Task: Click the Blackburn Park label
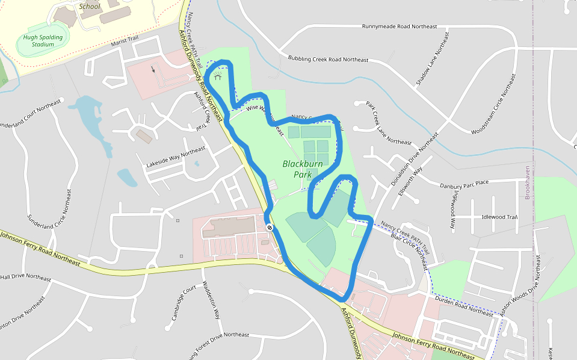(x=303, y=169)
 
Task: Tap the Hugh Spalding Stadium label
(x=43, y=40)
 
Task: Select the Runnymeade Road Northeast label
(x=399, y=26)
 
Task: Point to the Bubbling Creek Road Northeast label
(x=328, y=59)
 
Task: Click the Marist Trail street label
(x=125, y=42)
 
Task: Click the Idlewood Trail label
(x=499, y=217)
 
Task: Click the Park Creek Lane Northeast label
(x=389, y=123)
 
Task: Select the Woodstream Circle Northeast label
(x=494, y=104)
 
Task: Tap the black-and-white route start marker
(x=270, y=227)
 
